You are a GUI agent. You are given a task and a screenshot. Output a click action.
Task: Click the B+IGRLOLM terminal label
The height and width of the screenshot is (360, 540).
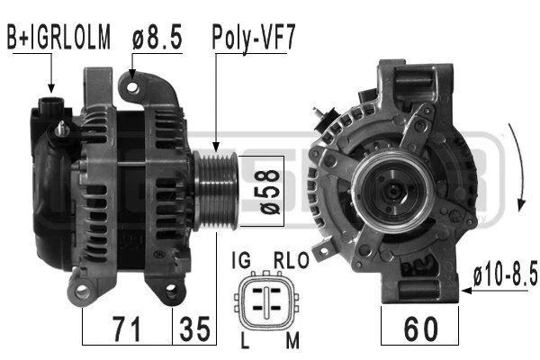[58, 37]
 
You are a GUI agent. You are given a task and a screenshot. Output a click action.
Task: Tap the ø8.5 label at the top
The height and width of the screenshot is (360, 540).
[157, 37]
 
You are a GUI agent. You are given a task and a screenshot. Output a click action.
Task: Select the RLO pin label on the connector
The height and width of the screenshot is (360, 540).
[291, 260]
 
